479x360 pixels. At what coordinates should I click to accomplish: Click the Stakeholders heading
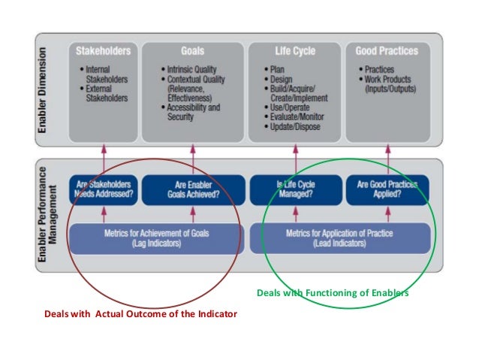[104, 51]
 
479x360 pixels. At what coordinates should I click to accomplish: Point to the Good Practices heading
[387, 51]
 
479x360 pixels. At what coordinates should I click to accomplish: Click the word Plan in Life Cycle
[278, 69]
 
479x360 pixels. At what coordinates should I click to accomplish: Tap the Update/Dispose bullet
[298, 126]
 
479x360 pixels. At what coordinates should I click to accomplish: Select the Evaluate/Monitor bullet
[300, 117]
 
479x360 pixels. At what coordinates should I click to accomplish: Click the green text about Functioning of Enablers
[333, 292]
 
